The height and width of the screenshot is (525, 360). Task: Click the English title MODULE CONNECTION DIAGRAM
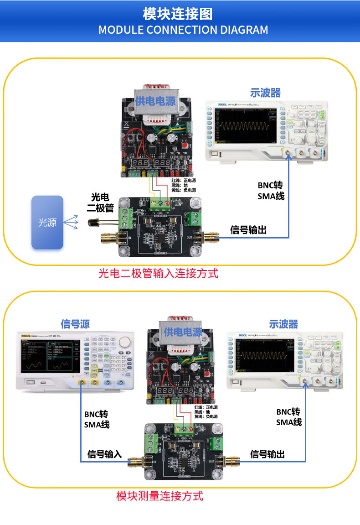(x=183, y=30)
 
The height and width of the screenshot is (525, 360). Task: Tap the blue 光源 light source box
(x=47, y=223)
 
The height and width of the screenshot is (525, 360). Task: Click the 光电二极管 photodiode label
(x=100, y=203)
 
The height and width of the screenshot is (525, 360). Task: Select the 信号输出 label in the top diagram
(x=248, y=230)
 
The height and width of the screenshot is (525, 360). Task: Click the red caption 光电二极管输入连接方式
(x=159, y=274)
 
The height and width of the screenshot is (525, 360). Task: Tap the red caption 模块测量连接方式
(x=159, y=496)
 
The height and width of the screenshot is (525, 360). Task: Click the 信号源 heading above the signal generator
(x=75, y=324)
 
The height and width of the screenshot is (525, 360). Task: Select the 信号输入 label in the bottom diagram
(x=105, y=454)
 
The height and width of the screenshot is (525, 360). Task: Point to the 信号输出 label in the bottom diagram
(x=267, y=454)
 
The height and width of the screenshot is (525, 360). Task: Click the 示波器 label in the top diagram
(x=265, y=93)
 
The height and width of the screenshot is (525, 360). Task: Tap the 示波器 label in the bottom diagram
(x=283, y=324)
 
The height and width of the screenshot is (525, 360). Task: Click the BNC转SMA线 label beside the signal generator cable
(x=97, y=420)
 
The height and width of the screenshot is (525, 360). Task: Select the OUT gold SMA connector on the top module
(x=211, y=237)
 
